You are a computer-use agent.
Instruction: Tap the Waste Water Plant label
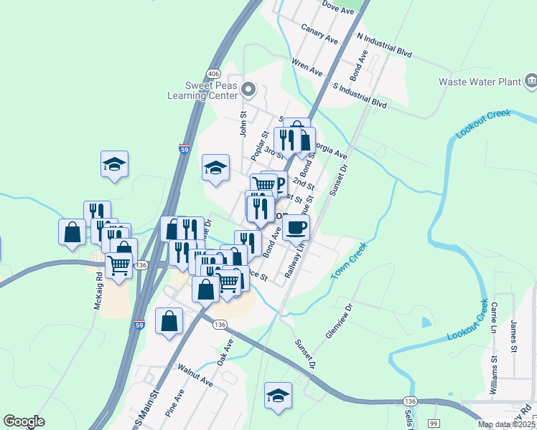pos(480,82)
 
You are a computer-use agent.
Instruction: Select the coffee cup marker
pos(295,229)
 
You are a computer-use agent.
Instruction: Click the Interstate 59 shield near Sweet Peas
pos(185,150)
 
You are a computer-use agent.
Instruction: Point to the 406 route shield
pos(214,74)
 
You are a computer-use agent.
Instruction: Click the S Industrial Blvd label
pos(360,95)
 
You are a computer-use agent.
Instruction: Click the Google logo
pos(23,421)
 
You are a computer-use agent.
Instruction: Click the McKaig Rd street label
pos(98,294)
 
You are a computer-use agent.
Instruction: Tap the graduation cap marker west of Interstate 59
pos(114,164)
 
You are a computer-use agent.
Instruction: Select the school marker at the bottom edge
pos(278,395)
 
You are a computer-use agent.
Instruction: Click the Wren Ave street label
pos(308,68)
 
